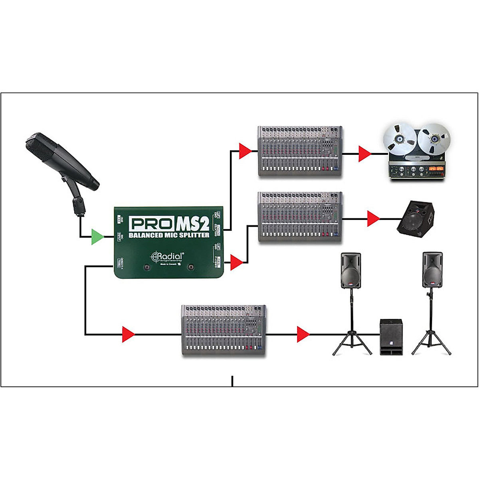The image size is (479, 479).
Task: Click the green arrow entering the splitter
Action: [x=97, y=237]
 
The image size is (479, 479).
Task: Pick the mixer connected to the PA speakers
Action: [x=224, y=331]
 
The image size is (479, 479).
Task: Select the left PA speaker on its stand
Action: [x=351, y=270]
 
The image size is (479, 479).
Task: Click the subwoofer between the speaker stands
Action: [x=391, y=337]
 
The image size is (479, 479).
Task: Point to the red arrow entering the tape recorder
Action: [x=364, y=154]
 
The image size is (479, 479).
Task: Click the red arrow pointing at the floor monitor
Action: [x=373, y=219]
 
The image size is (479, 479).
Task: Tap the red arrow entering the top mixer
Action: [x=245, y=151]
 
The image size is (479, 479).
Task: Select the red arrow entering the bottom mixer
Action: [x=128, y=334]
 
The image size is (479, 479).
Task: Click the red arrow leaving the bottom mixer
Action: [x=303, y=334]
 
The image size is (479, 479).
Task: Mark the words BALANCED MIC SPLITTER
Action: [x=169, y=235]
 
